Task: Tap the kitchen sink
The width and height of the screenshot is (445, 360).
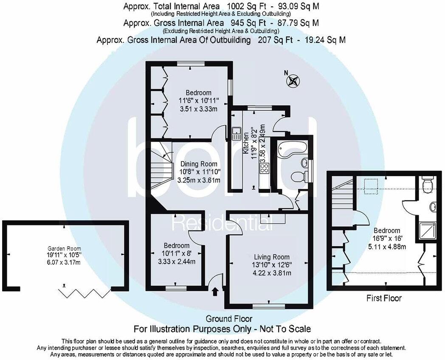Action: tap(236, 133)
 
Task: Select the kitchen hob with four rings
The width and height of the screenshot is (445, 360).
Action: tap(264, 169)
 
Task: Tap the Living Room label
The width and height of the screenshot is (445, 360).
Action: tap(272, 257)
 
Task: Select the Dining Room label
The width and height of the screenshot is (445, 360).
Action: tap(199, 164)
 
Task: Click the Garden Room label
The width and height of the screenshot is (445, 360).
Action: tap(64, 248)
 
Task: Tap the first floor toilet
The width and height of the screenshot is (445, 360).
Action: tap(428, 183)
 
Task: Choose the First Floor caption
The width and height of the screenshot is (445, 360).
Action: tap(384, 298)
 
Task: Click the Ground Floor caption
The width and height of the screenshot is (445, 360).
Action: tap(229, 318)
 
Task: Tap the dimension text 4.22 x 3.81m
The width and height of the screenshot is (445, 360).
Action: tap(272, 273)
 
